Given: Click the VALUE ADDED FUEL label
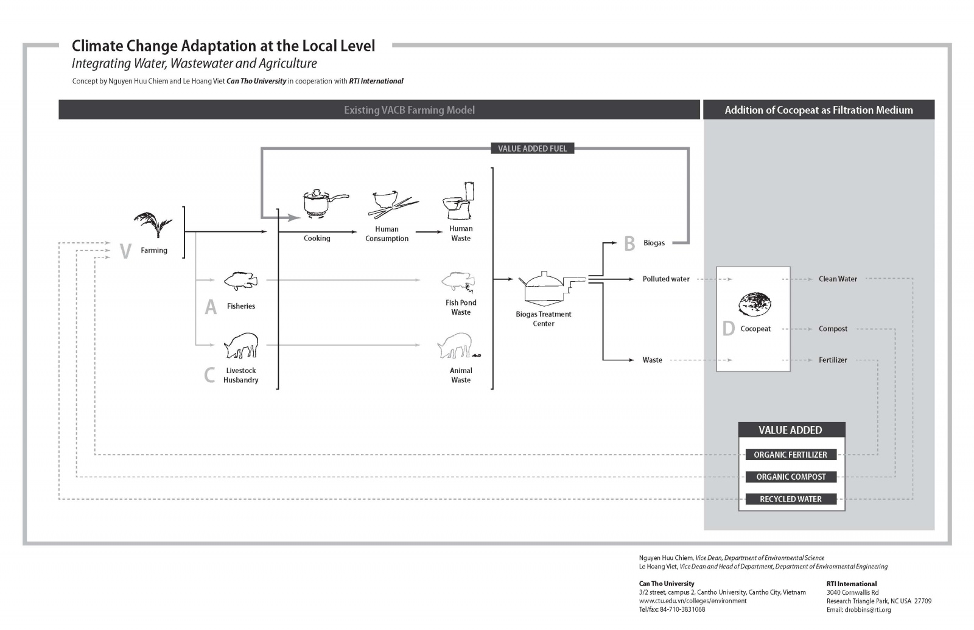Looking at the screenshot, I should pyautogui.click(x=532, y=149).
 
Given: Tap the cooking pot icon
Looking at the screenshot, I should pyautogui.click(x=323, y=203).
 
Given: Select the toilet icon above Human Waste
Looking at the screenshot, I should pyautogui.click(x=460, y=201).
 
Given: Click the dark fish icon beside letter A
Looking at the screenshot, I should pyautogui.click(x=240, y=281).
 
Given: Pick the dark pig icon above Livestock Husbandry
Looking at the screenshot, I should pyautogui.click(x=241, y=345).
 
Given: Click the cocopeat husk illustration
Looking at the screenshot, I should pyautogui.click(x=755, y=303).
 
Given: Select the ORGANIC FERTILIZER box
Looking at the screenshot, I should pyautogui.click(x=790, y=455).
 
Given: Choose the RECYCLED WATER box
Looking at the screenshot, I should pyautogui.click(x=790, y=499).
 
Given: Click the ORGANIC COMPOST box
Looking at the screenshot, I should pyautogui.click(x=790, y=477).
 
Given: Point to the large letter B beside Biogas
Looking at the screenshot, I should pyautogui.click(x=629, y=243).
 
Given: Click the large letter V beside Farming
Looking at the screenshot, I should pyautogui.click(x=125, y=251).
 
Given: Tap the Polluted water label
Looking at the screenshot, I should pyautogui.click(x=666, y=279).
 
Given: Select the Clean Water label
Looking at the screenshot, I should pyautogui.click(x=838, y=279).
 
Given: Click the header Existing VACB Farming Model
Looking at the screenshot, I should pyautogui.click(x=409, y=110).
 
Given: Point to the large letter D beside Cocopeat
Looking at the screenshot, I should pyautogui.click(x=728, y=329).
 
